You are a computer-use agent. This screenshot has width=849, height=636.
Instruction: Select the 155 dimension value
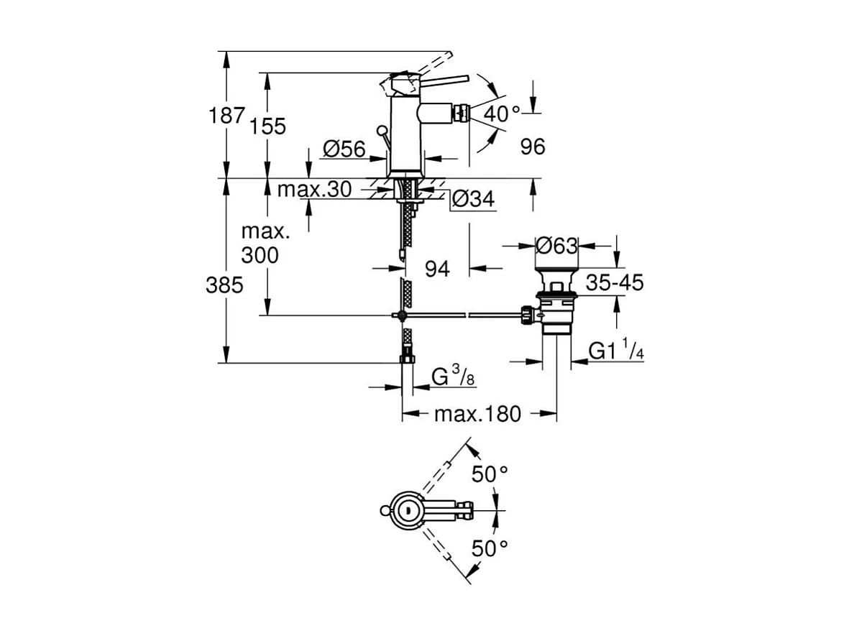pyautogui.click(x=269, y=126)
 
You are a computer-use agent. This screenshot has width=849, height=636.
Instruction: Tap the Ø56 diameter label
pyautogui.click(x=344, y=149)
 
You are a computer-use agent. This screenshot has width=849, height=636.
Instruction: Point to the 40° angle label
pyautogui.click(x=501, y=114)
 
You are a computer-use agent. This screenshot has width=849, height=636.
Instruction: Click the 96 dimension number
pyautogui.click(x=533, y=147)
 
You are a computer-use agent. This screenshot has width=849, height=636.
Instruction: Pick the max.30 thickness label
pyautogui.click(x=314, y=190)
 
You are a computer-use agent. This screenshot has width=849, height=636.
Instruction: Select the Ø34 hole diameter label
pyautogui.click(x=474, y=200)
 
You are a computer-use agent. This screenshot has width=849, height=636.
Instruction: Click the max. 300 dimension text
pyautogui.click(x=265, y=243)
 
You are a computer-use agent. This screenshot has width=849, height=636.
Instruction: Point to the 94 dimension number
pyautogui.click(x=437, y=269)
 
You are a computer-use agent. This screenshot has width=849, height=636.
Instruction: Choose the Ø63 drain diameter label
pyautogui.click(x=557, y=246)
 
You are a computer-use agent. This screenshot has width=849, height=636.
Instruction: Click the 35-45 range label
pyautogui.click(x=614, y=282)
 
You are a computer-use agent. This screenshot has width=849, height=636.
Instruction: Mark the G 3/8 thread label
pyautogui.click(x=452, y=377)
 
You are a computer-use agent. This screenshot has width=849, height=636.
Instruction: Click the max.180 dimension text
pyautogui.click(x=477, y=414)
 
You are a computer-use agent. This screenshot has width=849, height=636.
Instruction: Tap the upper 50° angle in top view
pyautogui.click(x=490, y=474)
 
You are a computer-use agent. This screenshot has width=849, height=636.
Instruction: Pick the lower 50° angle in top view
pyautogui.click(x=490, y=548)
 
